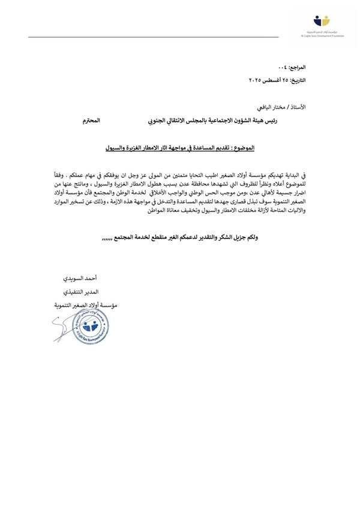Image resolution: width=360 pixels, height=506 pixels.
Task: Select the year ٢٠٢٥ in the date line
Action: pos(257,79)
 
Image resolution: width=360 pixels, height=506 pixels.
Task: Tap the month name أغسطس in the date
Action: pos(275,79)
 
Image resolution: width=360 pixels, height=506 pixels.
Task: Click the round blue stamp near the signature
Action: pos(89,327)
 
